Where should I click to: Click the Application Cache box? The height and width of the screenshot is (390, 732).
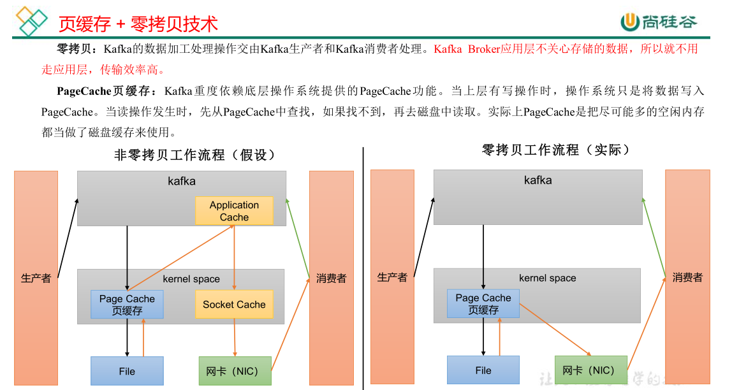point(234,211)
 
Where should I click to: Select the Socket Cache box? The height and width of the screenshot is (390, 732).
point(234,305)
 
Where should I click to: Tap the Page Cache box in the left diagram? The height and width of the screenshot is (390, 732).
point(127,305)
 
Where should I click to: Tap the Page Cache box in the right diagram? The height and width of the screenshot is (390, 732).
point(483,303)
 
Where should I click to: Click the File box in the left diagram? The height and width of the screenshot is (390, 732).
point(127,371)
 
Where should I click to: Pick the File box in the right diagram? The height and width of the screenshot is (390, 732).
point(483,370)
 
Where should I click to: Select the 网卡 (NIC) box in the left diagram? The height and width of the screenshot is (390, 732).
point(235,371)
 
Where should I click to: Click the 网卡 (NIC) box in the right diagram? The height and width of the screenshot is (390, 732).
point(590,370)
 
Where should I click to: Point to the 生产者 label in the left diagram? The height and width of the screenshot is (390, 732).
point(36,278)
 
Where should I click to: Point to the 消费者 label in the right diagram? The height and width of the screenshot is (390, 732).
point(687,277)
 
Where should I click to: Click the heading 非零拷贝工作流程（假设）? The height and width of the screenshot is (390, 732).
point(195,155)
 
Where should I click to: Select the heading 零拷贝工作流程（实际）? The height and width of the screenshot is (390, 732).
point(556,150)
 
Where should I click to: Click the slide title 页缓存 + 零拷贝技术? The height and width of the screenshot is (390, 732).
point(138,24)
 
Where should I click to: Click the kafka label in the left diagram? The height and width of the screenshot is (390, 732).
point(182,181)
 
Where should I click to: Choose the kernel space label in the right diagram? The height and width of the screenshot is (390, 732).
point(547,278)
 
